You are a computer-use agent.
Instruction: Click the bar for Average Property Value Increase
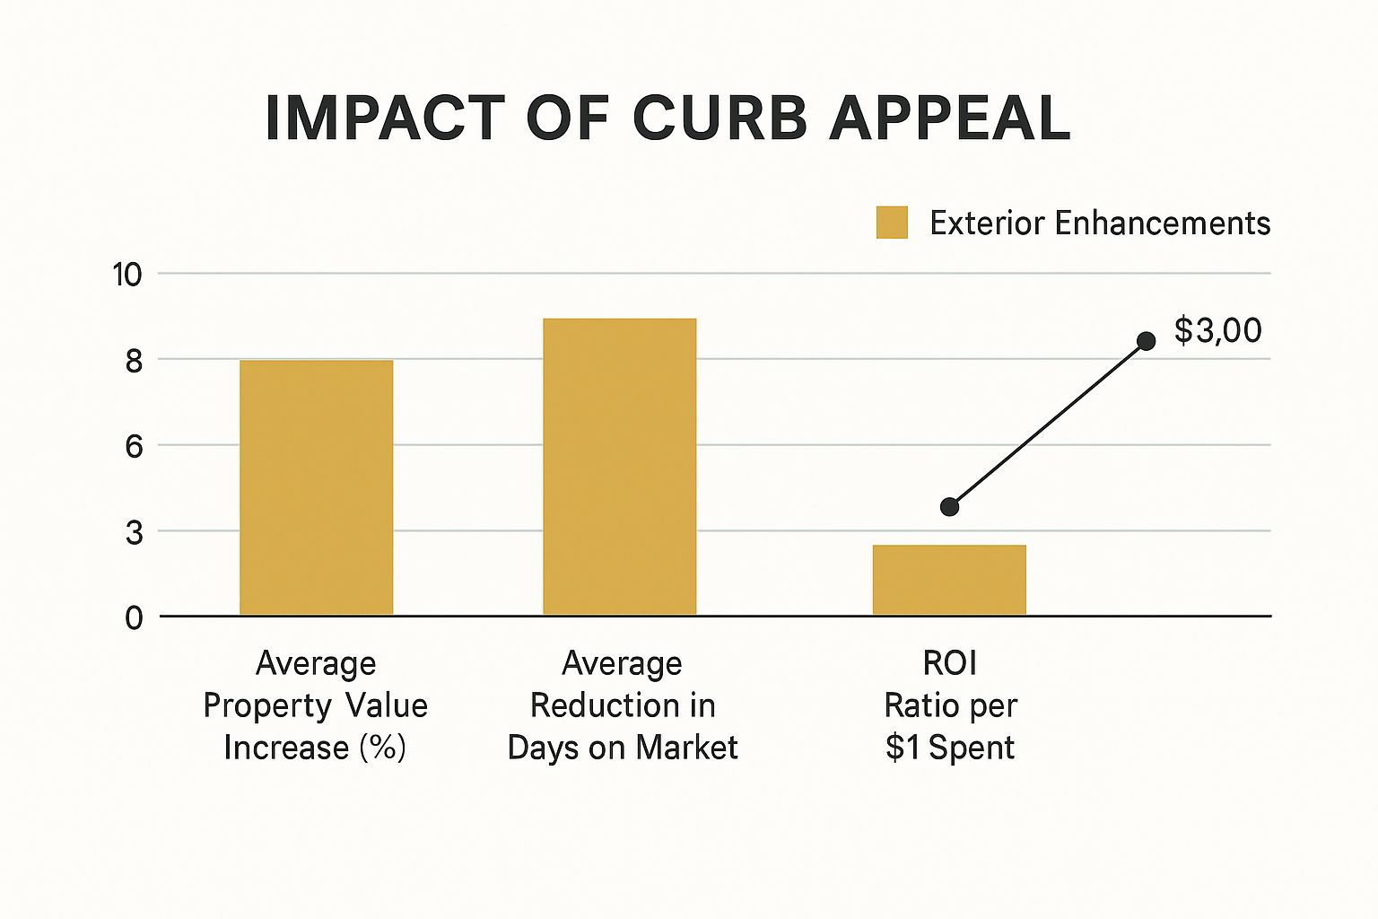316,487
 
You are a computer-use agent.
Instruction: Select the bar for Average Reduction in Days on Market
619,467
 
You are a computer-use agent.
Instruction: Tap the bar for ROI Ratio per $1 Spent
949,580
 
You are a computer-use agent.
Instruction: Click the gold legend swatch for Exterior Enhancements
892,223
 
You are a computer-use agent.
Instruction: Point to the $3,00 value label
1217,331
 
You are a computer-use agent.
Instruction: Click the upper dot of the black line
1146,341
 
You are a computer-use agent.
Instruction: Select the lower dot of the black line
949,507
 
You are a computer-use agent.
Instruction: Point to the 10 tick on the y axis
126,275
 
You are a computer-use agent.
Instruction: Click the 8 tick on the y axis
134,361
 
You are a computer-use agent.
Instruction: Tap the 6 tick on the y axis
134,446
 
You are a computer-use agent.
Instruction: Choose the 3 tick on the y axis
134,533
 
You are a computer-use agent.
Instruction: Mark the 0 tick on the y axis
134,618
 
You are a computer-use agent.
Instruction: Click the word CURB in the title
720,118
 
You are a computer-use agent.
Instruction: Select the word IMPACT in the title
386,118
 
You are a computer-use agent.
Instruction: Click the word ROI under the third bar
949,664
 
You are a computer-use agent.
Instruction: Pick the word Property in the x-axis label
254,706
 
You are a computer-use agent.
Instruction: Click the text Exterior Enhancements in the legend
1100,223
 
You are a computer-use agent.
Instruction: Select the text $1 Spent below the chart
949,748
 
